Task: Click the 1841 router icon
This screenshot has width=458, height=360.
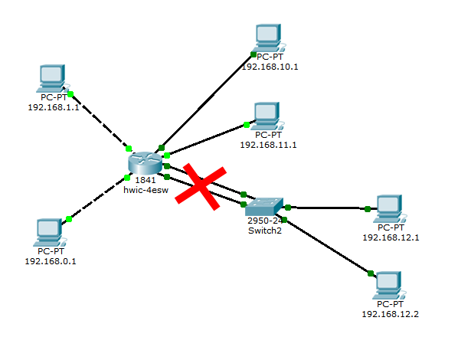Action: click(x=146, y=163)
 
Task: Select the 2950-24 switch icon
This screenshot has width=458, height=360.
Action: click(x=264, y=207)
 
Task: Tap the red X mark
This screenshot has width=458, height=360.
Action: click(x=201, y=187)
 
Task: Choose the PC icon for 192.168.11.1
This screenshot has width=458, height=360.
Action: click(x=267, y=116)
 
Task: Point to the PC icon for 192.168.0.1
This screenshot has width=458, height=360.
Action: click(x=50, y=233)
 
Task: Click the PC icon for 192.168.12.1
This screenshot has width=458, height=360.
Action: click(x=390, y=208)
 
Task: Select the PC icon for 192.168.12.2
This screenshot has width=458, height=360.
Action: click(x=389, y=285)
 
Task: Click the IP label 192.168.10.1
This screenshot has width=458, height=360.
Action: click(x=270, y=67)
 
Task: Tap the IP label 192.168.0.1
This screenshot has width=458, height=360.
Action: click(x=51, y=261)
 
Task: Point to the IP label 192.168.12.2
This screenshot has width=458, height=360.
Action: click(x=391, y=314)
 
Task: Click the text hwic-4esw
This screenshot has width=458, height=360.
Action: click(x=146, y=190)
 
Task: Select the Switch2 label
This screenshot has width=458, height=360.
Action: click(x=265, y=231)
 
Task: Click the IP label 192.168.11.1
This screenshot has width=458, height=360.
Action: click(x=268, y=145)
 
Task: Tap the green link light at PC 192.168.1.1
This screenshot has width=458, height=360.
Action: click(x=70, y=94)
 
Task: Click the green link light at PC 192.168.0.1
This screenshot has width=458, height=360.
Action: click(x=69, y=219)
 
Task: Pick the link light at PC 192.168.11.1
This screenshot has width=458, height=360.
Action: click(x=247, y=125)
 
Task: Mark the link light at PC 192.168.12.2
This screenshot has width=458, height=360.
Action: click(x=371, y=273)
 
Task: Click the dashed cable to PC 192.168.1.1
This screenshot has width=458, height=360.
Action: click(x=100, y=122)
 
